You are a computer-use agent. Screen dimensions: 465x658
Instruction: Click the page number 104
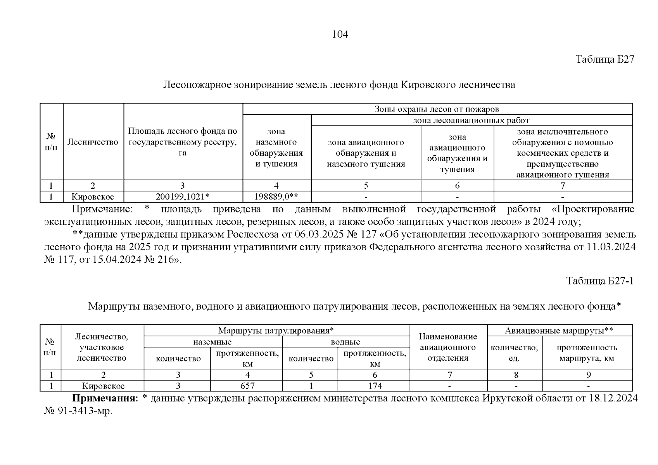coord(340,35)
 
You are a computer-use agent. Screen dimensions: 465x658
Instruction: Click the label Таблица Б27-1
coord(599,281)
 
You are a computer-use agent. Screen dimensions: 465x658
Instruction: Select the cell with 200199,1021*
coord(183,197)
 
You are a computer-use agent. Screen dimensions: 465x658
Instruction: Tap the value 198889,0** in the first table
coord(276,197)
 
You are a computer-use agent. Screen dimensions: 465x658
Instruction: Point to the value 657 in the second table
coord(247,386)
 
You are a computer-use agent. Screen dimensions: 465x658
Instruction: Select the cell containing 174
coord(375,386)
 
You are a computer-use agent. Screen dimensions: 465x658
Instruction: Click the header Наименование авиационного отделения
coord(448,347)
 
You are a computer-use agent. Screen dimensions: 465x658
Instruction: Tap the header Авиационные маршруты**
coord(559,331)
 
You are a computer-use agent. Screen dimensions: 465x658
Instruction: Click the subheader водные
coord(345,342)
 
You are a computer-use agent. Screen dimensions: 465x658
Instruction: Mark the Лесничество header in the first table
coord(93,142)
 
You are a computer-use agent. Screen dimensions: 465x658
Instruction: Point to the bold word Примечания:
coord(105,399)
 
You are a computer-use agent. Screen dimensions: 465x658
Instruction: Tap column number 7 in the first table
coord(562,186)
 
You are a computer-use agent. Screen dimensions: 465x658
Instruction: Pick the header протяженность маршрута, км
coord(587,353)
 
